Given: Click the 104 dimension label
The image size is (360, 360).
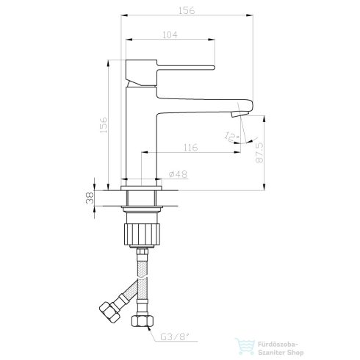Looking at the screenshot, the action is (x=170, y=35).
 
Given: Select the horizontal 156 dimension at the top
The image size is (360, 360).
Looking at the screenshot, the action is (x=187, y=10).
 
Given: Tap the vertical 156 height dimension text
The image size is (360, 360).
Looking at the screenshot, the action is (x=104, y=125).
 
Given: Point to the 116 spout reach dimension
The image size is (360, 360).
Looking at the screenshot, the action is (x=191, y=148).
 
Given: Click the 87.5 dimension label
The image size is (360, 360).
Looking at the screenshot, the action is (x=259, y=153).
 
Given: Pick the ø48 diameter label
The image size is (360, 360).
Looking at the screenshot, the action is (x=179, y=174).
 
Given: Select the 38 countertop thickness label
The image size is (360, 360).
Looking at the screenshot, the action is (x=90, y=198).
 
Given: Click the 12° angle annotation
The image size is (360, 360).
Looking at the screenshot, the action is (x=232, y=136).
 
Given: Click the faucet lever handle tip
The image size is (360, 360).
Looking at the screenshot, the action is (x=214, y=68).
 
